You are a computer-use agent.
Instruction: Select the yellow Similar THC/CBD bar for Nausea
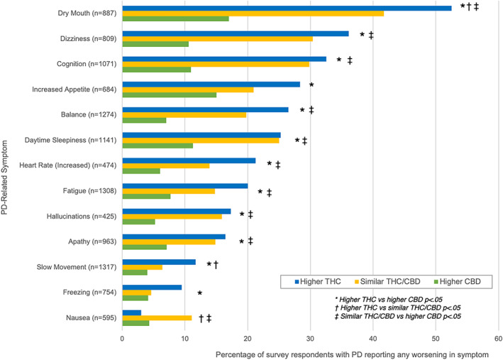(157, 318)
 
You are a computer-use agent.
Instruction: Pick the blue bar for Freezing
(152, 287)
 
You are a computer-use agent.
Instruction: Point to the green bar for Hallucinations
(138, 222)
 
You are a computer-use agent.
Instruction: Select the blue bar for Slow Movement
(159, 262)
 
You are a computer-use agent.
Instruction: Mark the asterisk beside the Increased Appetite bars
(311, 84)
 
